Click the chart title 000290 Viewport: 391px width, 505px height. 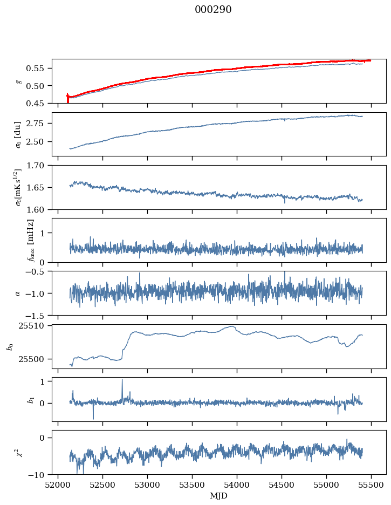pos(213,10)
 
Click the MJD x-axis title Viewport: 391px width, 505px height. pos(218,496)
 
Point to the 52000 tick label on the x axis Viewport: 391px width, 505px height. pos(59,484)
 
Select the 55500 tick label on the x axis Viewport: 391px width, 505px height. pos(371,484)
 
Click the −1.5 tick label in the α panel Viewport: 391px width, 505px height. pos(37,315)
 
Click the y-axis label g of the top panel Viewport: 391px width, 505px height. pos(19,81)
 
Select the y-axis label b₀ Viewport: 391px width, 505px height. pos(9,346)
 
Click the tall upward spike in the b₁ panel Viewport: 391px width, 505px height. pos(122,380)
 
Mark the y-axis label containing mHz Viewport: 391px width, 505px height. pos(30,240)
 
